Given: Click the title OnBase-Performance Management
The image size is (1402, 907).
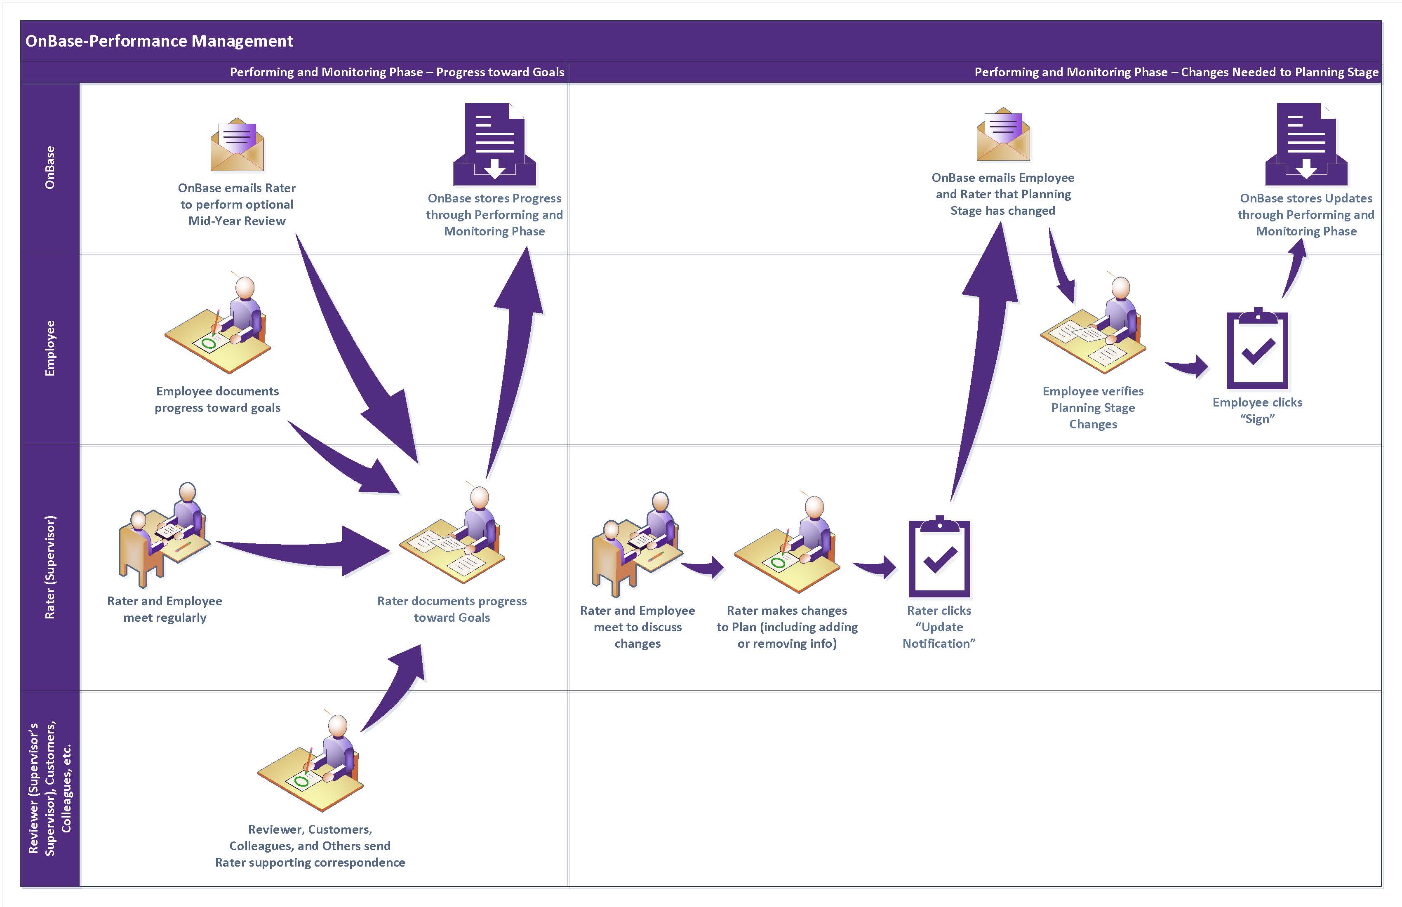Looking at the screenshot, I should pyautogui.click(x=159, y=41).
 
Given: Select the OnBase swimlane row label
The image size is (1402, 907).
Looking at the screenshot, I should pyautogui.click(x=50, y=167).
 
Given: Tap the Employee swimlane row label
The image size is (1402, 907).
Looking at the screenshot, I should pyautogui.click(x=50, y=348).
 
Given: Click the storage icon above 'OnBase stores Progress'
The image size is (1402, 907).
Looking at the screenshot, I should pyautogui.click(x=494, y=144).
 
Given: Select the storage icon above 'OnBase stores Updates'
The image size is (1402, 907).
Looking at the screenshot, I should pyautogui.click(x=1306, y=144).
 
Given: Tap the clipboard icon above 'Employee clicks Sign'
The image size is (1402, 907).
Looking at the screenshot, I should pyautogui.click(x=1257, y=349).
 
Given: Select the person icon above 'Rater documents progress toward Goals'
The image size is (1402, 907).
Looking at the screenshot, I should pyautogui.click(x=452, y=536).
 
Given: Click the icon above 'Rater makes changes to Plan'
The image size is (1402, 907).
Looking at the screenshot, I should pyautogui.click(x=787, y=545).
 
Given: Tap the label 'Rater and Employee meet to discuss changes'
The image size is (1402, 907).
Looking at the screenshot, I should pyautogui.click(x=637, y=627).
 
